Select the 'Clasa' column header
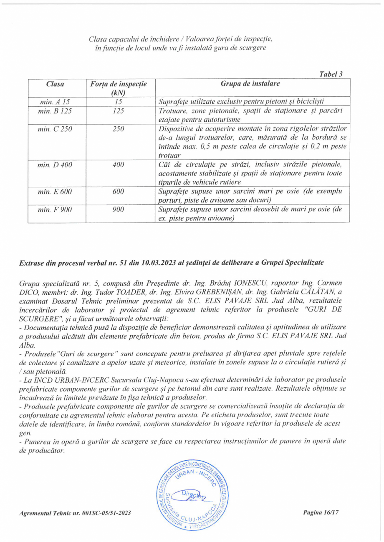(55, 84)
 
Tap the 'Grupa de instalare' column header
(250, 84)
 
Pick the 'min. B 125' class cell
(55, 111)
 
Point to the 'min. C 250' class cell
(55, 129)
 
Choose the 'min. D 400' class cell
(55, 165)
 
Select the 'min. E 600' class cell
(55, 191)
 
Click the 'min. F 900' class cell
(55, 210)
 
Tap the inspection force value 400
(119, 165)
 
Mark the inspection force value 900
(119, 210)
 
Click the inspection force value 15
(119, 101)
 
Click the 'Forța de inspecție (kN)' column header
(119, 88)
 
